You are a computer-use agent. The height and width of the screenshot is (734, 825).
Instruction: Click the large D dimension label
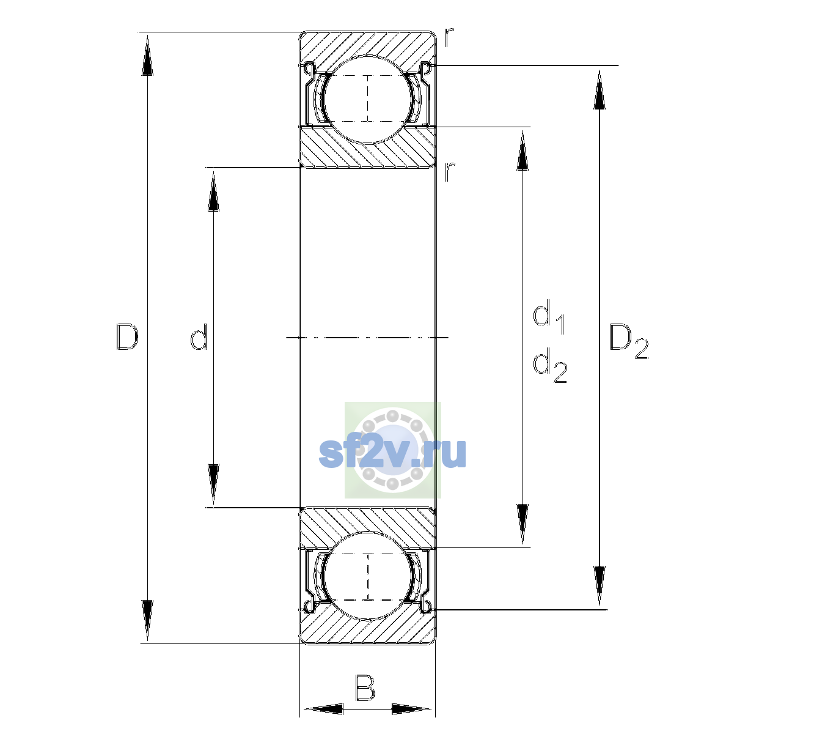(127, 337)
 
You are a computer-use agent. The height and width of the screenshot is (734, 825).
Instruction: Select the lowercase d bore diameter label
(199, 337)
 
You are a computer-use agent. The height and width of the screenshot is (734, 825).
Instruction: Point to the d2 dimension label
(550, 365)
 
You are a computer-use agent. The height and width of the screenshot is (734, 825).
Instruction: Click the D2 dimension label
(628, 341)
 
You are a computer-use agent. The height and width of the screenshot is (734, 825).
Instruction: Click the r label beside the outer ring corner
(449, 37)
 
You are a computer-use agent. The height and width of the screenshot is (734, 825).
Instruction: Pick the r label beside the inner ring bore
(449, 172)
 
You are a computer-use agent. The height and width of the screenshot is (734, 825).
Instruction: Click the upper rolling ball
(368, 99)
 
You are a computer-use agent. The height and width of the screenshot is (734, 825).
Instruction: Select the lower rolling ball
(368, 576)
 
